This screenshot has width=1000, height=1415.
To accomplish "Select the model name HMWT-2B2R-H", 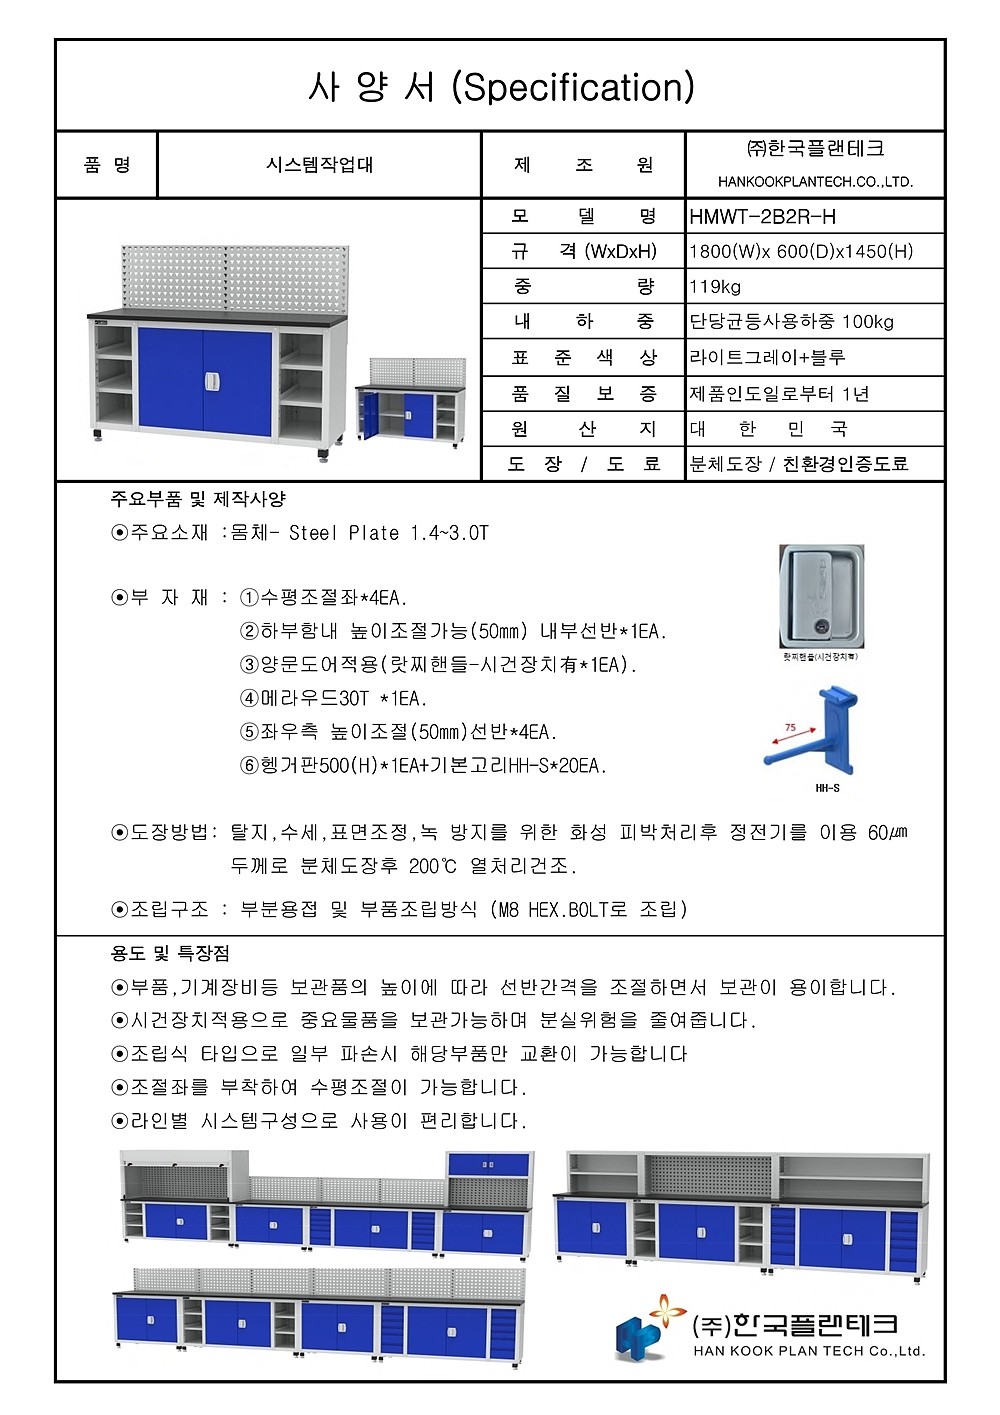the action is pyautogui.click(x=762, y=216).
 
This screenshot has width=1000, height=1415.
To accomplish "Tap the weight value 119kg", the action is pyautogui.click(x=715, y=287).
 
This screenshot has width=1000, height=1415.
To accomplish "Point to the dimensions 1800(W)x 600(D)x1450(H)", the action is pyautogui.click(x=801, y=251).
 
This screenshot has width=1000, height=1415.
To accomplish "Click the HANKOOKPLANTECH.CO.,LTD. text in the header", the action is pyautogui.click(x=815, y=182).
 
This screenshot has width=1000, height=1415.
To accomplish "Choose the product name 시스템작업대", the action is pyautogui.click(x=319, y=165).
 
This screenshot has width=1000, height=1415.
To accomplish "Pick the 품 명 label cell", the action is pyautogui.click(x=107, y=165).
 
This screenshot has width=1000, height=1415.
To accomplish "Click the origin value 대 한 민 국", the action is pyautogui.click(x=769, y=429).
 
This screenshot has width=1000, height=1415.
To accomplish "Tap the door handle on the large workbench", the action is pyautogui.click(x=211, y=381).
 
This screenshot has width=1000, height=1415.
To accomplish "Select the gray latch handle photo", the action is pyautogui.click(x=821, y=597).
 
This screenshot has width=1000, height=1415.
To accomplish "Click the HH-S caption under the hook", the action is pyautogui.click(x=827, y=789).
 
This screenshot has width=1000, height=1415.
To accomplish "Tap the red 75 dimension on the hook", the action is pyautogui.click(x=790, y=728).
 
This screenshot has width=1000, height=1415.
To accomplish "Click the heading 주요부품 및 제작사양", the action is pyautogui.click(x=198, y=498).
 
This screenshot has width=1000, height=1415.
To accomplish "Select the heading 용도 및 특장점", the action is pyautogui.click(x=170, y=953).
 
